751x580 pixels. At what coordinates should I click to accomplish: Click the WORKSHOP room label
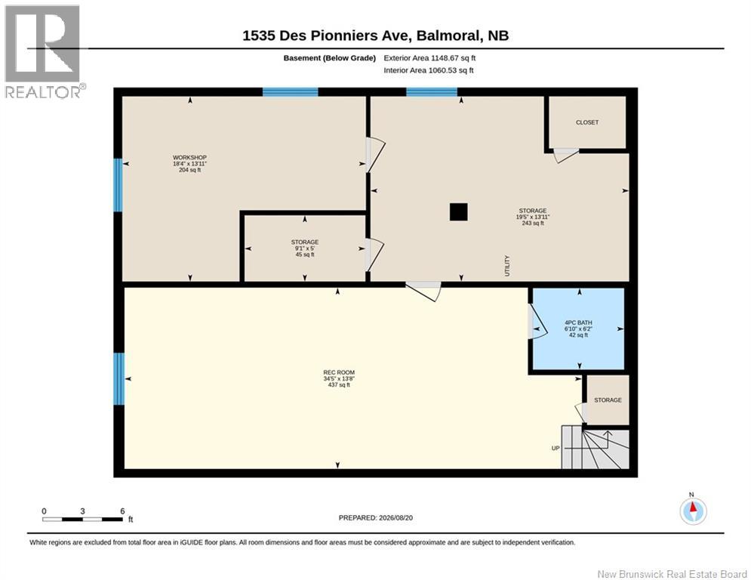click(189, 157)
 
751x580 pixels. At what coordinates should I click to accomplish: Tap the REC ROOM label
click(339, 372)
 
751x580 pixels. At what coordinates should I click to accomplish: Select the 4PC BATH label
click(578, 322)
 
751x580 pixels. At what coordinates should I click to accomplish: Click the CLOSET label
click(587, 122)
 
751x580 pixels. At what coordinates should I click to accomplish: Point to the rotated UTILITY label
click(507, 266)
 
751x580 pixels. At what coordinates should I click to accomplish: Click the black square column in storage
click(458, 212)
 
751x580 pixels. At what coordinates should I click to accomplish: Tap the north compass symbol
click(693, 511)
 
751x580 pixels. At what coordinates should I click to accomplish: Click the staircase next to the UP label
click(595, 449)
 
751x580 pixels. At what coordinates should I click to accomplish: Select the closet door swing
click(566, 156)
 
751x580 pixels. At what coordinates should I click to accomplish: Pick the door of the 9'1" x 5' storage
click(374, 255)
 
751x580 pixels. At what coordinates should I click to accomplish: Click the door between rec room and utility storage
click(423, 291)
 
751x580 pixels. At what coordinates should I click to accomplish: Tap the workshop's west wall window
click(118, 185)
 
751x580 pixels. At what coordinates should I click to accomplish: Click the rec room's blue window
click(118, 378)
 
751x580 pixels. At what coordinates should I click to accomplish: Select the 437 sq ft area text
click(339, 385)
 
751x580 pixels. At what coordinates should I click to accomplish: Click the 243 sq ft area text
click(533, 223)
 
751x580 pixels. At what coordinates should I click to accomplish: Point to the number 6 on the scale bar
click(122, 511)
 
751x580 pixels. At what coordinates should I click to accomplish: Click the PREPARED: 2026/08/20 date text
click(376, 517)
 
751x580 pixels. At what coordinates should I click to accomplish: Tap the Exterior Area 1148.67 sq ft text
click(429, 58)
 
